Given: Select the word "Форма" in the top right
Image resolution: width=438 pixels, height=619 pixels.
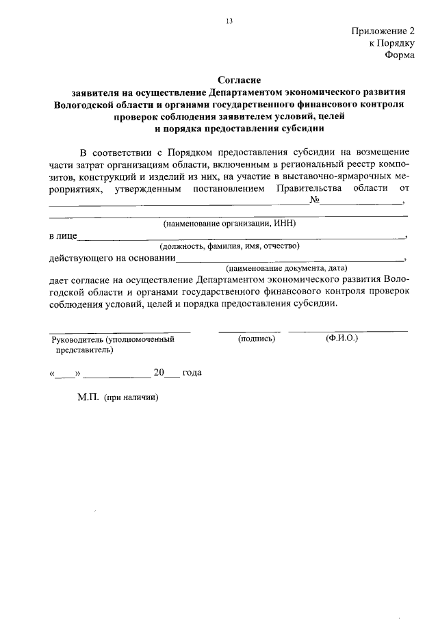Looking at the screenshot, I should (400, 55).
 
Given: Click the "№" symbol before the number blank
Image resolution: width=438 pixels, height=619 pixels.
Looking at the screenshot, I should (315, 200).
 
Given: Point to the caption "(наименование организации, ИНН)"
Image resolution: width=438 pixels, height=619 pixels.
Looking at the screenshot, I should (229, 224).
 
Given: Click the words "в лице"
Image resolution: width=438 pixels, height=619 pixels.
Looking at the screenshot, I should (62, 236).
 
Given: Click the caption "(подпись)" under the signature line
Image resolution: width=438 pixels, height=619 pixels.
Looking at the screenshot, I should (257, 338).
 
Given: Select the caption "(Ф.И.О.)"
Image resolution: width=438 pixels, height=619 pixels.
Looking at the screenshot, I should (342, 338).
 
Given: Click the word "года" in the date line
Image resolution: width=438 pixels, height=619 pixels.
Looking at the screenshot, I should (192, 373).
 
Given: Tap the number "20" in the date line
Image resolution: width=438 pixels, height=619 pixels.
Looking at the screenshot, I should (159, 373).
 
